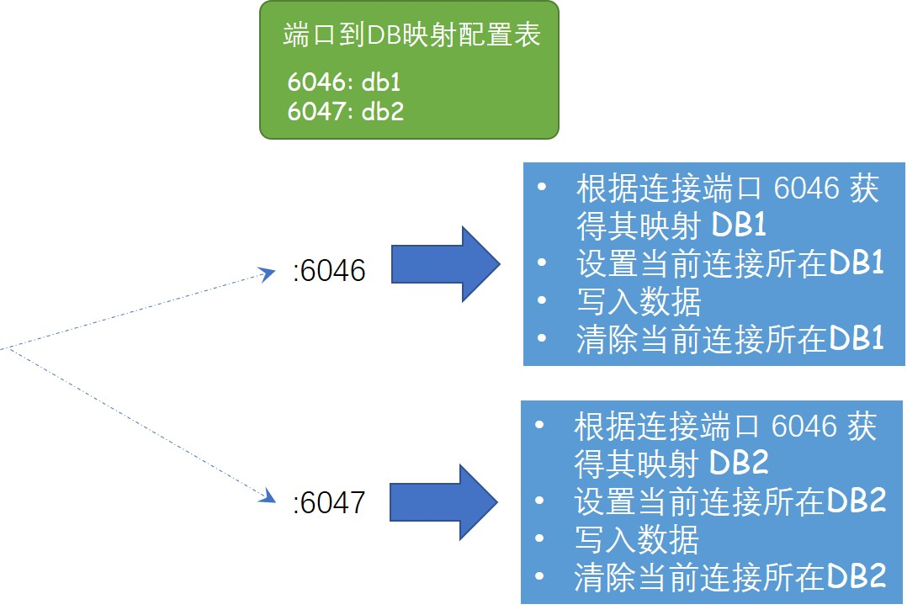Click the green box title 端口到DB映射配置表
411,36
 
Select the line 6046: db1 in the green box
345,83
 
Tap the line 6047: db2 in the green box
345,111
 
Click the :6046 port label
329,271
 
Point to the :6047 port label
329,503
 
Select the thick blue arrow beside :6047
443,501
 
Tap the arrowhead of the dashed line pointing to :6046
269,273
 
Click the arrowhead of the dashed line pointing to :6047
269,496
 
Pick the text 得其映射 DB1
671,225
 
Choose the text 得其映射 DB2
671,464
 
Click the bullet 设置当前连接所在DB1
729,264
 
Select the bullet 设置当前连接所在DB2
729,502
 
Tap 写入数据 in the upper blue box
639,301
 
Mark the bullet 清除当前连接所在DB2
729,578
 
